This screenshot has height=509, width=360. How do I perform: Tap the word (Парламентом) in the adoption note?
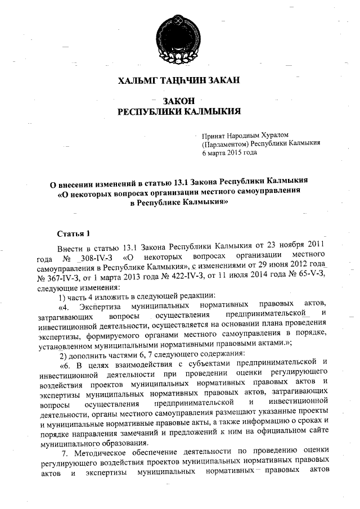click(225, 143)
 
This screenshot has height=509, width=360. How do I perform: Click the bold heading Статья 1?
click(74, 233)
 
